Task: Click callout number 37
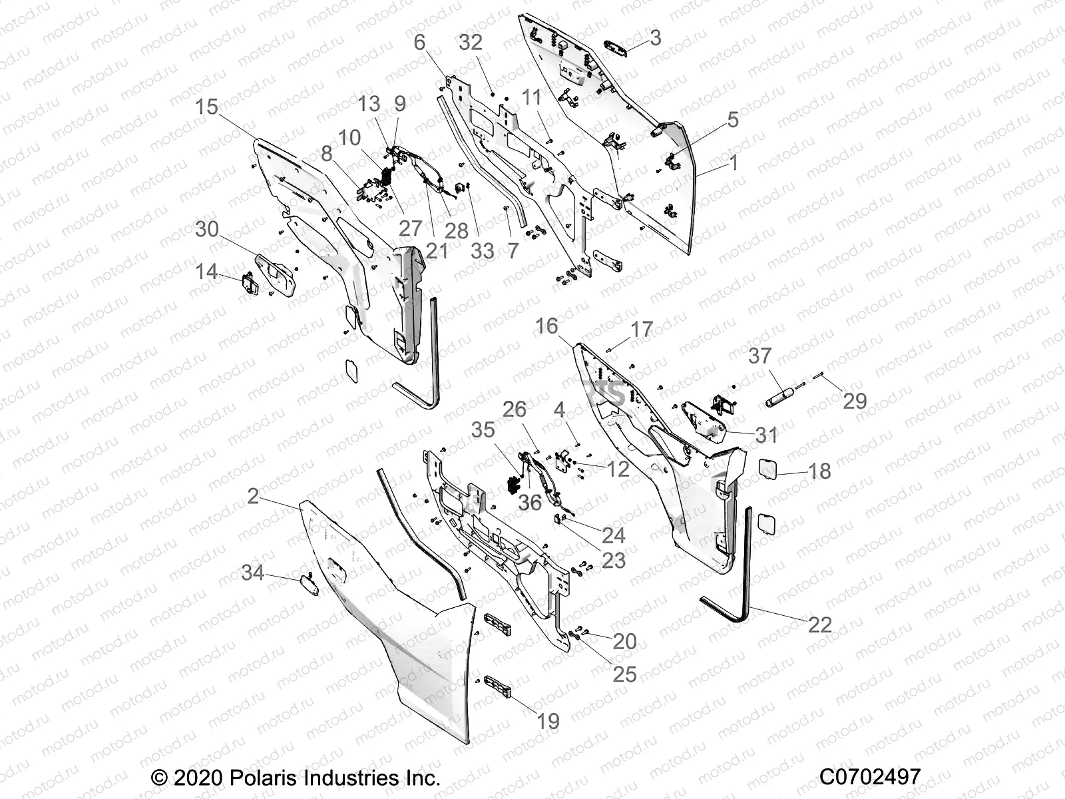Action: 759,356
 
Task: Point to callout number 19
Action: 548,721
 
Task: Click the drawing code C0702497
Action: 870,776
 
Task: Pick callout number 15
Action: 207,107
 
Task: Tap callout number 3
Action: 656,38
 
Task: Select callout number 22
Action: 820,624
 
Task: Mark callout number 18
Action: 819,471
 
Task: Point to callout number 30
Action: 207,229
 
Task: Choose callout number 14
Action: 206,271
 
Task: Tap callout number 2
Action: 253,496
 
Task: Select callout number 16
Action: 546,326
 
